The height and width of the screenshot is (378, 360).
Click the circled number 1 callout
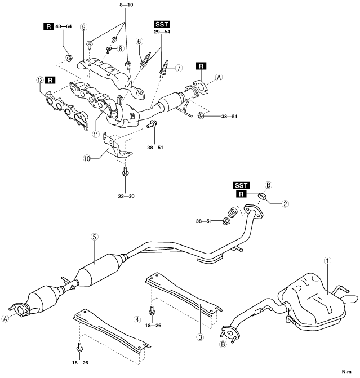[x=327, y=261]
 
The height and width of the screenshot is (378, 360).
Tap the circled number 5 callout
[x=94, y=237]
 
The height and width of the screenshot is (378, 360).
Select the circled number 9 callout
[x=83, y=27]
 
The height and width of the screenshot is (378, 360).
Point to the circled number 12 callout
[x=40, y=80]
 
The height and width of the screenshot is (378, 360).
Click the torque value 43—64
[x=64, y=26]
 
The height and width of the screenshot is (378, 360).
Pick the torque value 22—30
[x=126, y=196]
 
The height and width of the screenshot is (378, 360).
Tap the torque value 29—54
[x=162, y=32]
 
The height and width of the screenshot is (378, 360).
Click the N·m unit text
[x=346, y=372]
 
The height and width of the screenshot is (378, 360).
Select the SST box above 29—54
[x=162, y=24]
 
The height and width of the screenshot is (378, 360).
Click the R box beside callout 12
[x=50, y=80]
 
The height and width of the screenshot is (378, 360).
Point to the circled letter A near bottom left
[x=5, y=318]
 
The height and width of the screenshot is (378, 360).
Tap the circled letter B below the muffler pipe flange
[x=223, y=344]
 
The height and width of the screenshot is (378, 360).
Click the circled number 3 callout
[x=201, y=337]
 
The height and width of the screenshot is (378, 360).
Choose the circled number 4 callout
[x=137, y=320]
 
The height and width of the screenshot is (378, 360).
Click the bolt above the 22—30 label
[x=125, y=171]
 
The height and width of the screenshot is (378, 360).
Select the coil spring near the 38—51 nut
[x=233, y=212]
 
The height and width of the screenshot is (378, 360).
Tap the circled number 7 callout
[x=179, y=68]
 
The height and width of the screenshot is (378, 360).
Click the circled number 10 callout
[x=87, y=159]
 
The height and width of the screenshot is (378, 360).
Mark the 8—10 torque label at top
[x=126, y=5]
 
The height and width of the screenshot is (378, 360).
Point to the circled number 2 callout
[x=285, y=204]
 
